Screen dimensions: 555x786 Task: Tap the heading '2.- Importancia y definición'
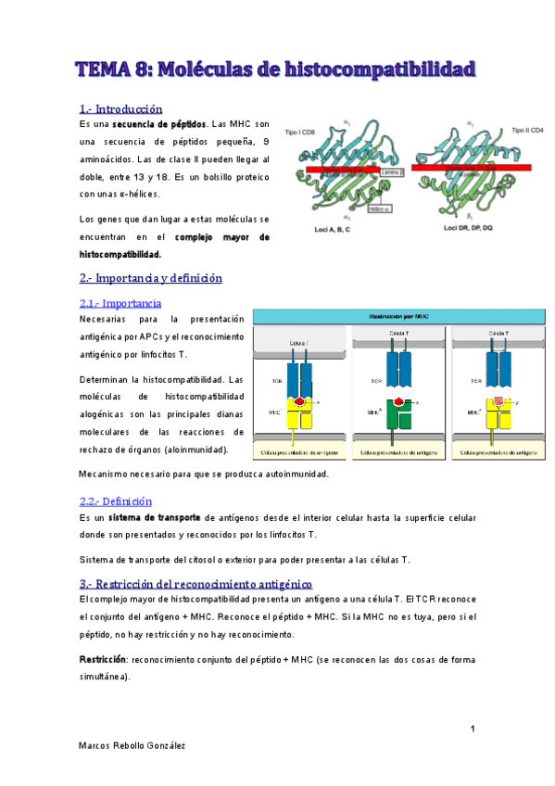tap(151, 278)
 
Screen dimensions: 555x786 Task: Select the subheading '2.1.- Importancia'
tap(120, 303)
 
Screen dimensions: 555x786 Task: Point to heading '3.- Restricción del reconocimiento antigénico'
tap(196, 584)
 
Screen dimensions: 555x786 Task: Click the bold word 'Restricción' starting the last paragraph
tap(103, 659)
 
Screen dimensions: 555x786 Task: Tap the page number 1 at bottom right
tap(472, 729)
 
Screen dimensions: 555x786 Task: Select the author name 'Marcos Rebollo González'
tap(132, 744)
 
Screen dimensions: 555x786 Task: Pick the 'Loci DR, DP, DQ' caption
tap(448, 227)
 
